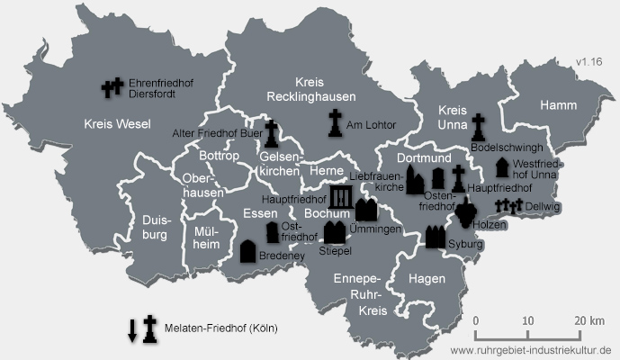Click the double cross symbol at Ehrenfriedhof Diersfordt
coord(112,87)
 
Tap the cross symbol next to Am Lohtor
coord(335,123)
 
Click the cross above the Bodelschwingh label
coord(479,127)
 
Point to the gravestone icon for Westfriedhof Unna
coord(501,167)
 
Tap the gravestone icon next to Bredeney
coord(248,251)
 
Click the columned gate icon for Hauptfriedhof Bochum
coord(341,199)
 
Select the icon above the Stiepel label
coord(334,232)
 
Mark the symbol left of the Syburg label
coord(436,238)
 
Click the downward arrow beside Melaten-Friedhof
coord(132,329)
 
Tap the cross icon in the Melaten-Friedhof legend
coord(150,328)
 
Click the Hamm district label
coord(558,106)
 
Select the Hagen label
coord(427,280)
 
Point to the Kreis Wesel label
coord(117,123)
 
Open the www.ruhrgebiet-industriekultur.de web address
coord(531,349)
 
